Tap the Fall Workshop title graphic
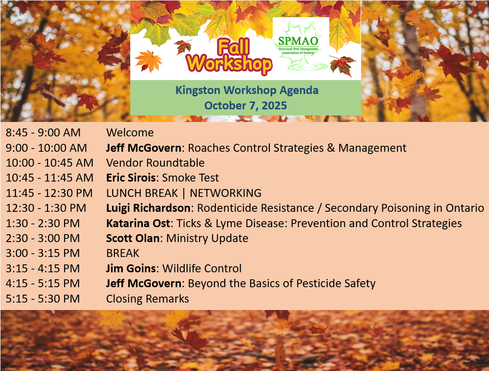(229, 56)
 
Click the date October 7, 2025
(246, 106)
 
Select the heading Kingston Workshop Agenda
(247, 90)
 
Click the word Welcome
(130, 133)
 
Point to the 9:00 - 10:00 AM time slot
(46, 148)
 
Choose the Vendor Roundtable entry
(155, 163)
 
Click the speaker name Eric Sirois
(131, 178)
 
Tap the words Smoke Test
(191, 178)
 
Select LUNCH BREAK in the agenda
(142, 193)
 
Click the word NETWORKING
(226, 193)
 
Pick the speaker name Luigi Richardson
(148, 208)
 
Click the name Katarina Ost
(138, 223)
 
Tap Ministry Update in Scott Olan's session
(207, 238)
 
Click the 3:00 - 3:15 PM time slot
(43, 253)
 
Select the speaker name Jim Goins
(131, 269)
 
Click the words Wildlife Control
(202, 269)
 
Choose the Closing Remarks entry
(147, 299)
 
